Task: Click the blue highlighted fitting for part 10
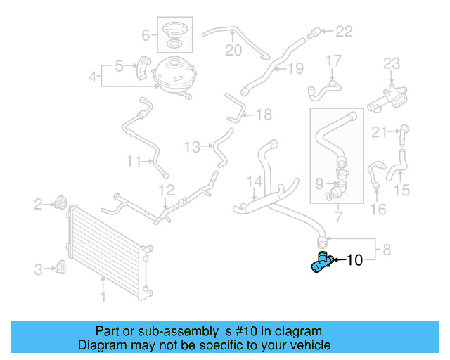click(x=321, y=262)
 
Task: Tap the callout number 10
click(x=354, y=261)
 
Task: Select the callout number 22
click(x=343, y=31)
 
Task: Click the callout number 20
click(x=233, y=50)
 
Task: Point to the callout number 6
click(x=146, y=34)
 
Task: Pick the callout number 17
click(x=333, y=61)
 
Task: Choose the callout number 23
click(x=391, y=65)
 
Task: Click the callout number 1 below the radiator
click(x=103, y=297)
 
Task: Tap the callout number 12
click(x=165, y=190)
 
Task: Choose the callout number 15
click(x=401, y=190)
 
